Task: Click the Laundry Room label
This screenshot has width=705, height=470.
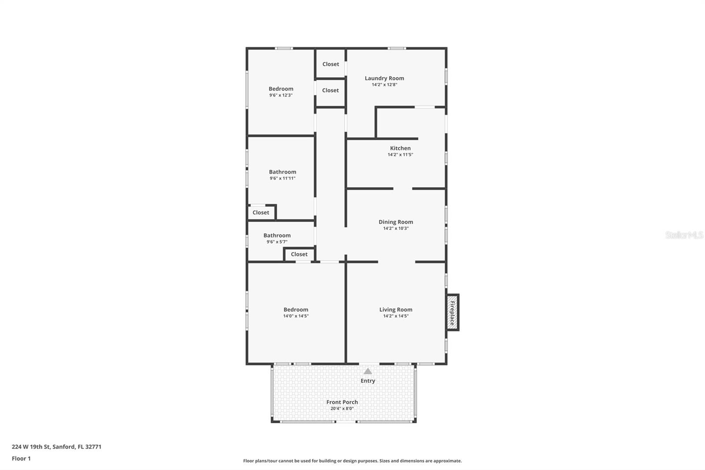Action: (384, 78)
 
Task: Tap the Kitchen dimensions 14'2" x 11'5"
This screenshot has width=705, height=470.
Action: (401, 155)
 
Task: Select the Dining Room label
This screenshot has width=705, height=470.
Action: (396, 222)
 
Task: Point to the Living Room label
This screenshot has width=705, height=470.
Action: (396, 310)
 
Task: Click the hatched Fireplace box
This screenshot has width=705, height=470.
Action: (452, 313)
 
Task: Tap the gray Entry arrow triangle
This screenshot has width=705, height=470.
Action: (367, 371)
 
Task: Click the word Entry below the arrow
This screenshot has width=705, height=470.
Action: (367, 381)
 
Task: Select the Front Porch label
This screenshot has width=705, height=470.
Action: (342, 402)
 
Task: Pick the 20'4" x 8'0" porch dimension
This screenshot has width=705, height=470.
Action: (342, 409)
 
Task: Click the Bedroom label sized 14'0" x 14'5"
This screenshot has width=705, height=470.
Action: (296, 310)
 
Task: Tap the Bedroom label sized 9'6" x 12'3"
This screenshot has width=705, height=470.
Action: (281, 89)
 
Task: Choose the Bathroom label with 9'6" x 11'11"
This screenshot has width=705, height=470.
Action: (282, 172)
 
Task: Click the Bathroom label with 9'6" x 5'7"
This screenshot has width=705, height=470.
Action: (277, 235)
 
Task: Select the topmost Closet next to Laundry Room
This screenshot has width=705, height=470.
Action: (330, 64)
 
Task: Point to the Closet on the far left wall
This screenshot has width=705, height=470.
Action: (260, 213)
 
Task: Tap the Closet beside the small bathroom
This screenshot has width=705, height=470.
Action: (299, 254)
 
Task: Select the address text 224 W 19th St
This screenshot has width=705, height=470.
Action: (31, 447)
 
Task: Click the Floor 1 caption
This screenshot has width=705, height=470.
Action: (21, 459)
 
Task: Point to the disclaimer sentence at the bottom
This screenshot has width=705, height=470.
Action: (352, 461)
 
